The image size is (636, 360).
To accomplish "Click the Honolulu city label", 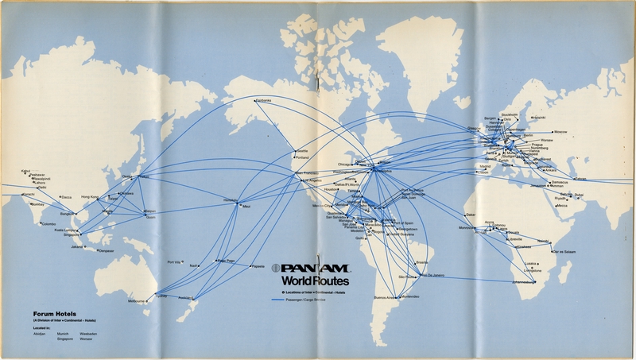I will point(230,199).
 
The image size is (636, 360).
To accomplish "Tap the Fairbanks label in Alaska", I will point(263,100).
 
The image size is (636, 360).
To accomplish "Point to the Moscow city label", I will point(561,131).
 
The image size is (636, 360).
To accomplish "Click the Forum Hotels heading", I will point(51,312).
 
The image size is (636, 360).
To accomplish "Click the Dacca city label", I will point(66,197).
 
